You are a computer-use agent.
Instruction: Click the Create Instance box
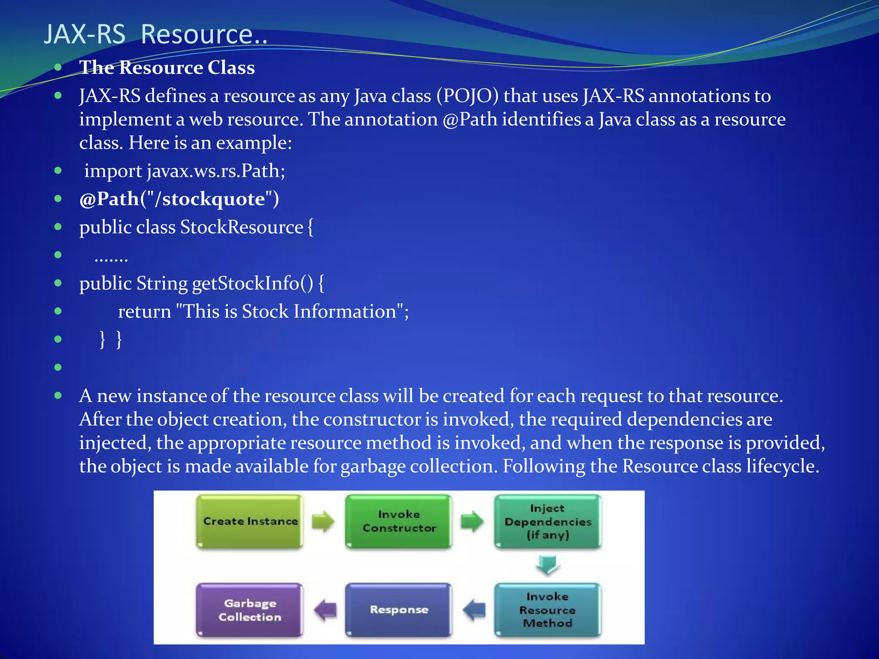(x=250, y=521)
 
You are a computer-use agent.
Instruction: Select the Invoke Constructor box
(x=399, y=521)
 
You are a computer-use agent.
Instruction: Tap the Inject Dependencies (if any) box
(x=548, y=521)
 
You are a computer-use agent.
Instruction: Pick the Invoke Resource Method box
(x=547, y=610)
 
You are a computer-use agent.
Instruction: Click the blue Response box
(x=399, y=610)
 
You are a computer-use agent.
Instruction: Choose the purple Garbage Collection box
(x=250, y=610)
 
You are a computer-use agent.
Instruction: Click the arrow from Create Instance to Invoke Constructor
(x=323, y=521)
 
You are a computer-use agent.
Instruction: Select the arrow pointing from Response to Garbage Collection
(x=325, y=610)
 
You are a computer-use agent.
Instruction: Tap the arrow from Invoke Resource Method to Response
(x=474, y=610)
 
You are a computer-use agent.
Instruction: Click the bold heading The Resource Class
(x=167, y=68)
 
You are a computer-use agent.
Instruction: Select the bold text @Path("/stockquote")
(x=179, y=199)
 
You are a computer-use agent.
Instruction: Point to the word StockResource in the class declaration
(x=242, y=227)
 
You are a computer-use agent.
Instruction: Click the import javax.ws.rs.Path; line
(x=185, y=171)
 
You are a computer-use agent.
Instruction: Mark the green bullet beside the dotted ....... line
(x=58, y=255)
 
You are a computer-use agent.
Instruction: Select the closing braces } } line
(x=111, y=339)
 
